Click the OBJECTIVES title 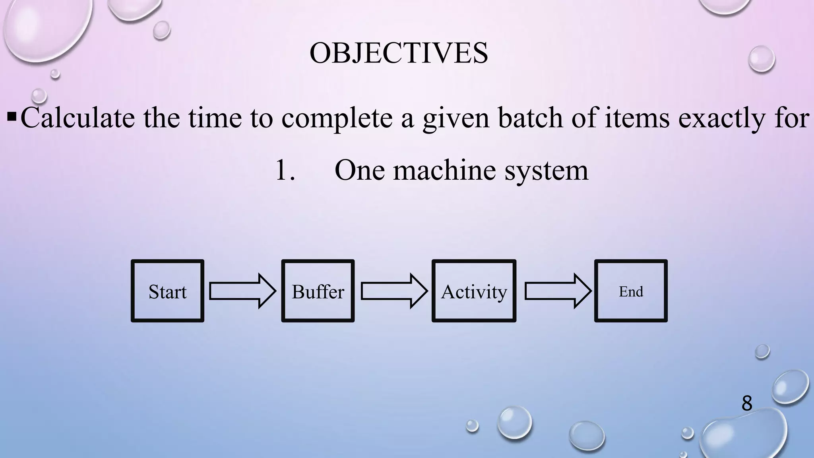(x=399, y=53)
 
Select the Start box (x=167, y=291)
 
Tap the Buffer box (x=318, y=291)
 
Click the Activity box (x=474, y=291)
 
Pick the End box (x=631, y=291)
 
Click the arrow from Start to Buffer (x=242, y=291)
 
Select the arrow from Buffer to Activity (x=394, y=291)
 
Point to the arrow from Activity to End (x=558, y=291)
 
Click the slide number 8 (x=746, y=403)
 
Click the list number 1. (x=284, y=170)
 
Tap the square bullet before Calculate (x=12, y=117)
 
